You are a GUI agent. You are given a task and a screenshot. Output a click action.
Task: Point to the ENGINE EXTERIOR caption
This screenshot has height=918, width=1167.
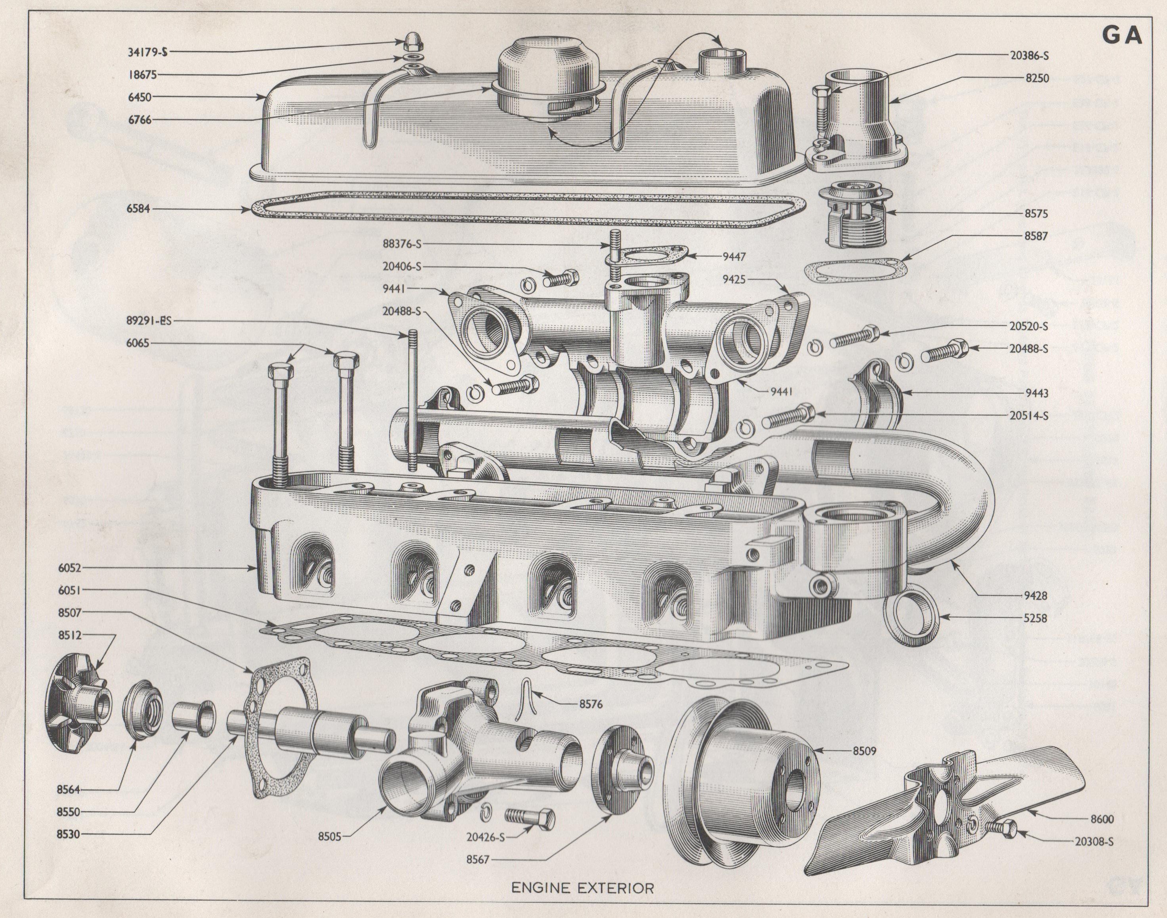(583, 887)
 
